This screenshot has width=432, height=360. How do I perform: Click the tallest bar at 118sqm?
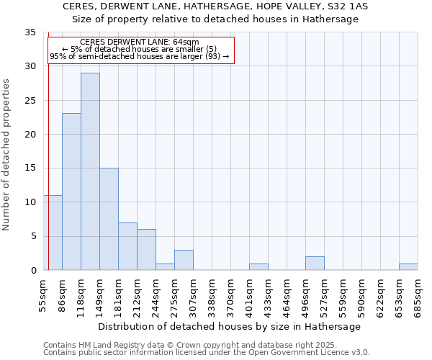[x=90, y=171]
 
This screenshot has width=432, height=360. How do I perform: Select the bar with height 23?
[x=71, y=192]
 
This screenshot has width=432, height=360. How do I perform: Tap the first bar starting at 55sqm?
[x=53, y=233]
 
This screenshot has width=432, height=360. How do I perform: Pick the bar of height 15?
[x=109, y=219]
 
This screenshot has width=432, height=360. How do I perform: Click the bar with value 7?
[x=127, y=246]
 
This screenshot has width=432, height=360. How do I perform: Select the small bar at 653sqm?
[x=408, y=267]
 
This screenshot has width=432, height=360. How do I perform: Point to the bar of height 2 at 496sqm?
[x=315, y=264]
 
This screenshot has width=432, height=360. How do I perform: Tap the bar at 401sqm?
[x=258, y=267]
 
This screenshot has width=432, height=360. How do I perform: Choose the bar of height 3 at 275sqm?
[x=184, y=260]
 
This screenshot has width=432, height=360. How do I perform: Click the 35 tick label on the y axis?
[x=30, y=32]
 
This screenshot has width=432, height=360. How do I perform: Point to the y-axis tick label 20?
[x=30, y=135]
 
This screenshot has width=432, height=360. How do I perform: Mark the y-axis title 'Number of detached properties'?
[x=7, y=155]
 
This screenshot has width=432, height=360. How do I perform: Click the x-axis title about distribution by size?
[x=229, y=326]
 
